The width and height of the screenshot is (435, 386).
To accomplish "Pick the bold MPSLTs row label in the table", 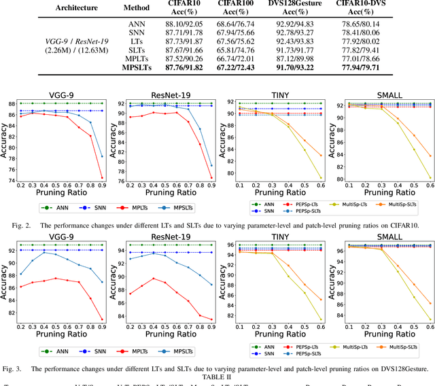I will tap(136, 68).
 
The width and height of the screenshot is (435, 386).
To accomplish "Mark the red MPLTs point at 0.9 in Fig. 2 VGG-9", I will tap(102, 178).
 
